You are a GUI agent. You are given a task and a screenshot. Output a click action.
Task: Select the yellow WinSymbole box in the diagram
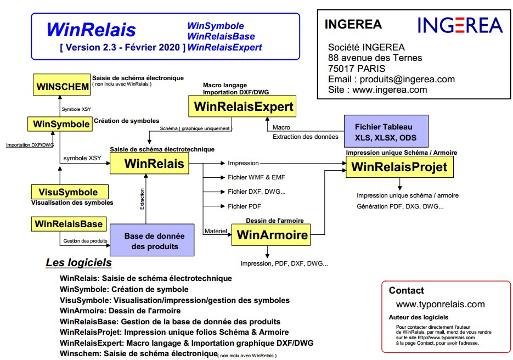pos(61,124)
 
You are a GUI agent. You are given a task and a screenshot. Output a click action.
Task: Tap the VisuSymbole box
pos(69,192)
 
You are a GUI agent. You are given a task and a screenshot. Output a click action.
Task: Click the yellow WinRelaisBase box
pos(69,224)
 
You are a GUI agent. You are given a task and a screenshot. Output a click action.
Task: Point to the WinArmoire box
pos(270,235)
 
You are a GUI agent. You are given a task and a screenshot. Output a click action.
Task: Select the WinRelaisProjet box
pos(399,166)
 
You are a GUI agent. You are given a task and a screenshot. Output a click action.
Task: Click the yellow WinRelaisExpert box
pos(244,106)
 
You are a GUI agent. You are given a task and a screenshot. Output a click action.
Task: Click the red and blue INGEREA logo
pos(460,25)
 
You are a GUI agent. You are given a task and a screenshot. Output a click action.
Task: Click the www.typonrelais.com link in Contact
pos(441,304)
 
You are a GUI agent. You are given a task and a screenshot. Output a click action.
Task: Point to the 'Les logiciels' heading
pos(78,263)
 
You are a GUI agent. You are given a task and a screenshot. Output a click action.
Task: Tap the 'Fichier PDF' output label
pos(244,206)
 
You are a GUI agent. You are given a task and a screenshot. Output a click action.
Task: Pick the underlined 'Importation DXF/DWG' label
pos(30,145)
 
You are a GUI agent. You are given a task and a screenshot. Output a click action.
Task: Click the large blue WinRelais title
pos(91,29)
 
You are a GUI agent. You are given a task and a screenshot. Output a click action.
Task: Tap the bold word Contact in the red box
pos(407,290)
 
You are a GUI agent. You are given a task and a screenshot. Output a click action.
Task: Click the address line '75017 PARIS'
pos(357,69)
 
